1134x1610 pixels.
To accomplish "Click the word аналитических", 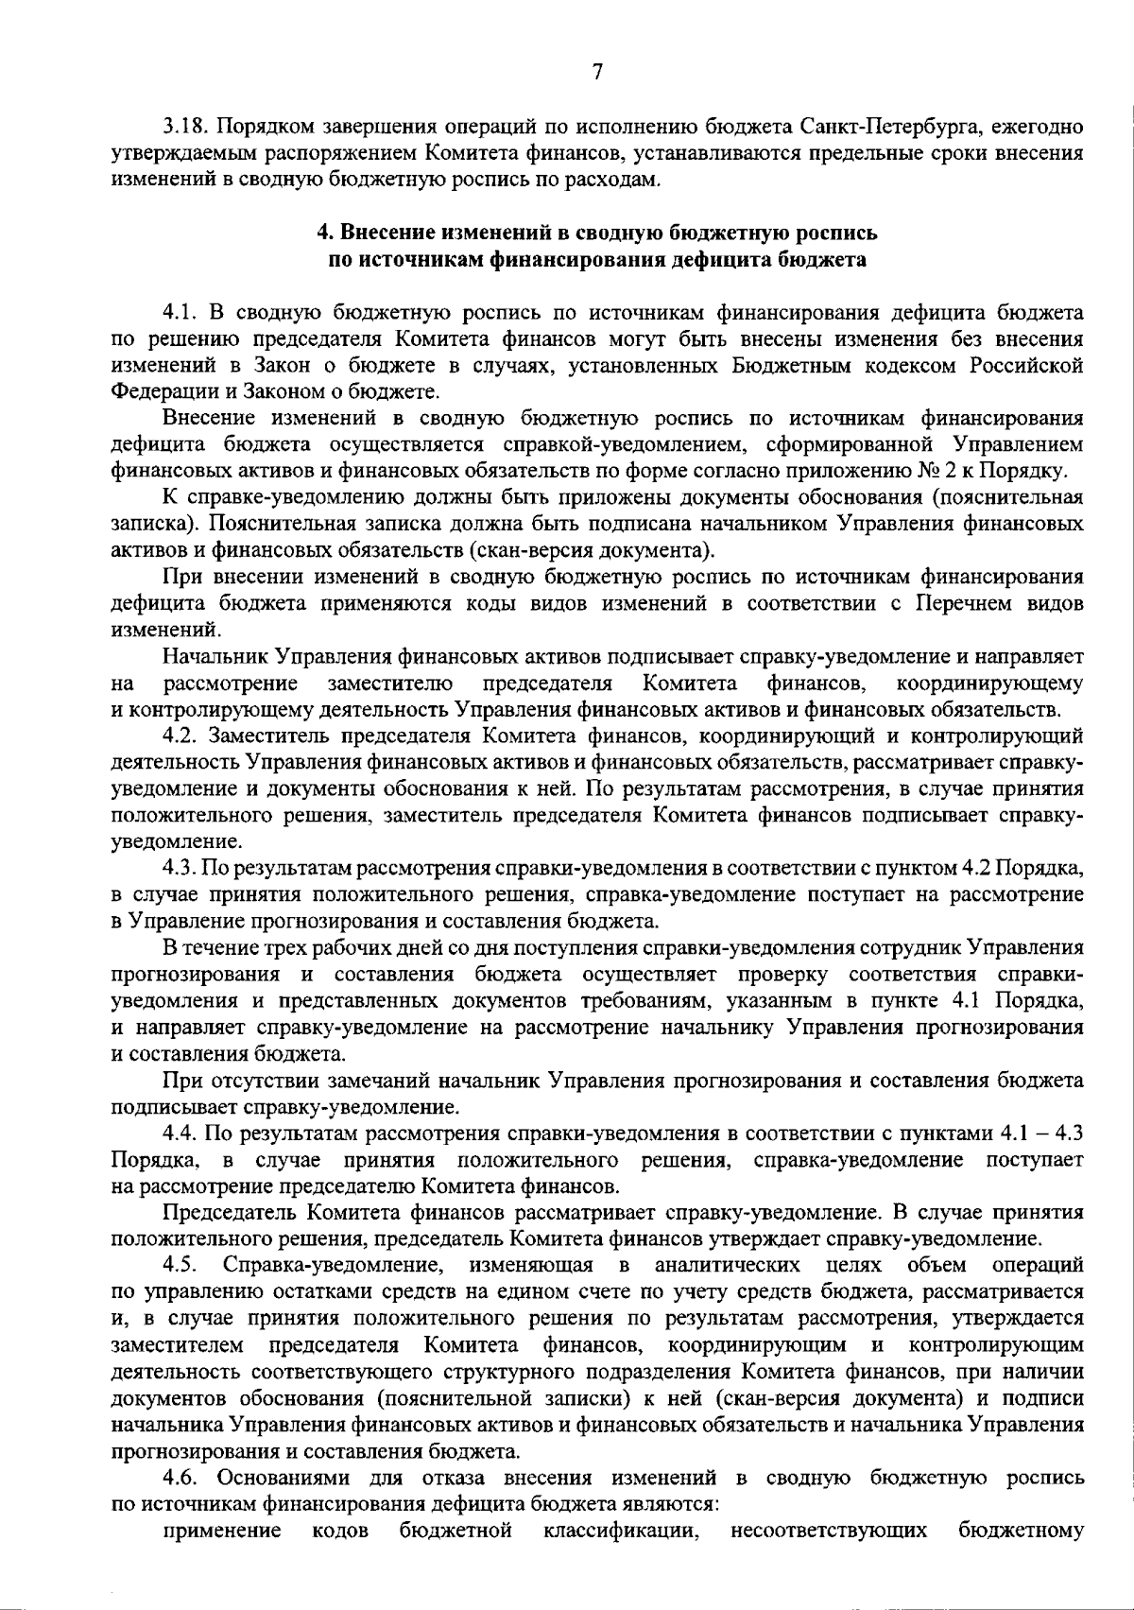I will coord(728,1265).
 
